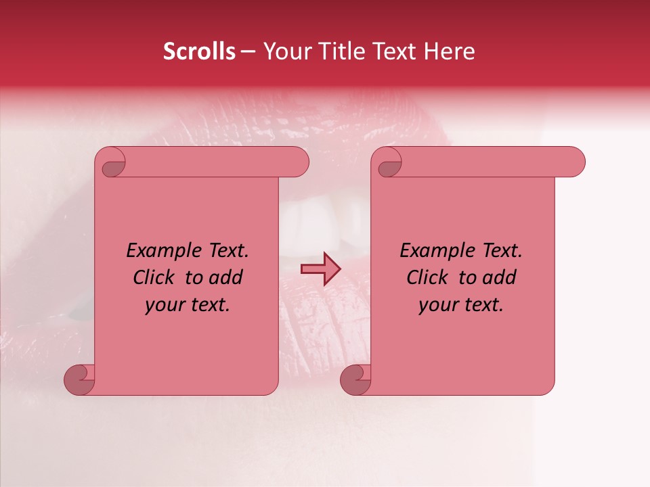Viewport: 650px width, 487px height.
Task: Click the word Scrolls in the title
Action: (x=199, y=51)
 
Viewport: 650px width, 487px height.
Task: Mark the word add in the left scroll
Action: (x=226, y=277)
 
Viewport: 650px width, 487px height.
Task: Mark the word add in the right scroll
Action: (x=500, y=277)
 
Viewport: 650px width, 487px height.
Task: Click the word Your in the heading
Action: (x=287, y=51)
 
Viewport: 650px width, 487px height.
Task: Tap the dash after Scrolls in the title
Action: (x=248, y=51)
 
